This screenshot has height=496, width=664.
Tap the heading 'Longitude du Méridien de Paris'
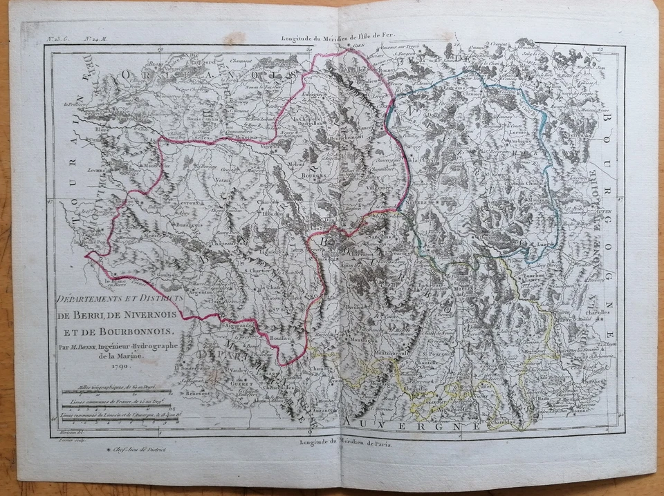(x=345, y=443)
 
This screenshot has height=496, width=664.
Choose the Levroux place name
(x=187, y=205)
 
